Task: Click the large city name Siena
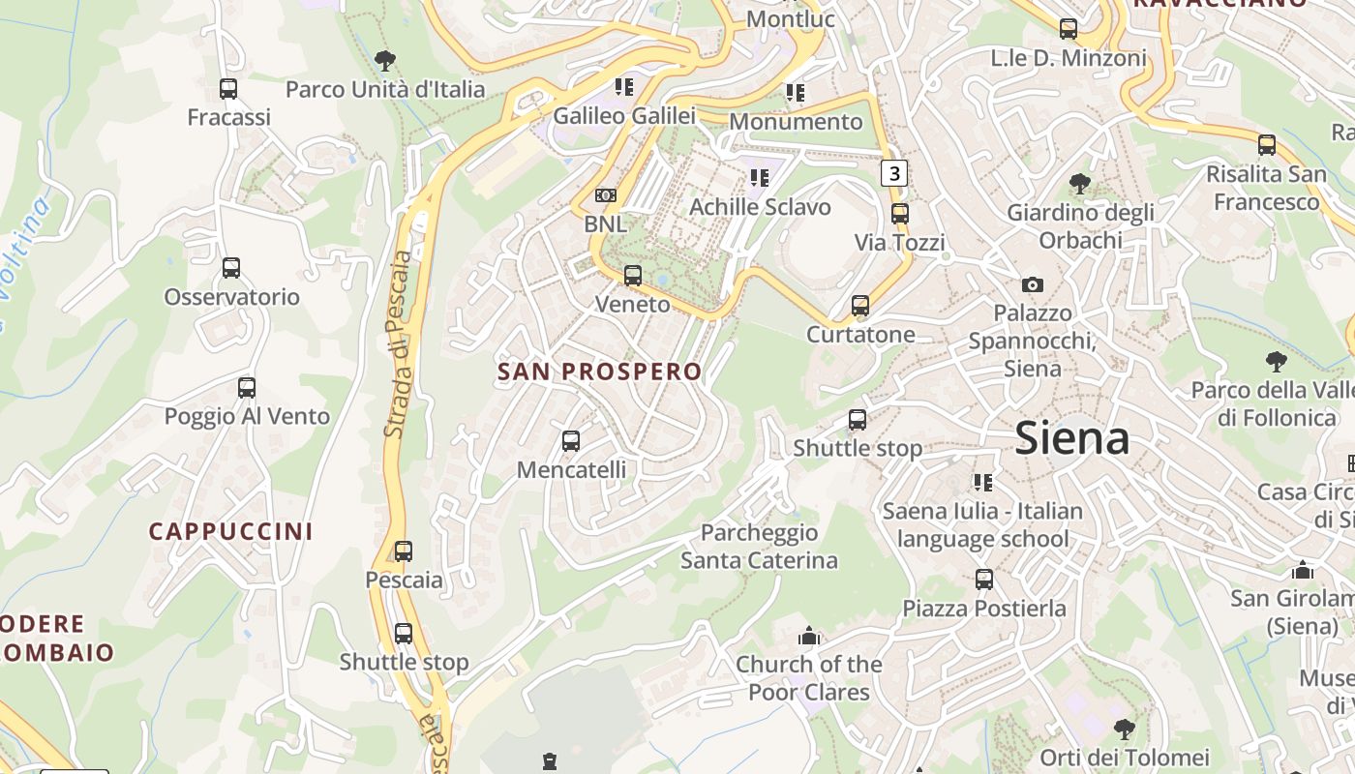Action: (1072, 439)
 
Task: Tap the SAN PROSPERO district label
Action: (599, 372)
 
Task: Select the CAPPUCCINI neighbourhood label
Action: (230, 531)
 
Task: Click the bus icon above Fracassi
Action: (228, 89)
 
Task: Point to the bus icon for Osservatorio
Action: (231, 268)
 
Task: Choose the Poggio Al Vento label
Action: (247, 417)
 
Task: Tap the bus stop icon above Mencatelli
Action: (571, 441)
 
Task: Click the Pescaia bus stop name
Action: (404, 580)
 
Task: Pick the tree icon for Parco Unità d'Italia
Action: (385, 61)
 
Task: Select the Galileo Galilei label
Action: (624, 116)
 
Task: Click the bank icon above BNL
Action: (605, 195)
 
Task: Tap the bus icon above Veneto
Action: (633, 276)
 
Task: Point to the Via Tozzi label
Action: (900, 242)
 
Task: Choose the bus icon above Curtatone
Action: (860, 307)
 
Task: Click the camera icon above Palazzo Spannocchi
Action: (1033, 284)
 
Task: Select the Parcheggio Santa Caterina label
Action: (759, 547)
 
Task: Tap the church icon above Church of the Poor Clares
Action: (808, 637)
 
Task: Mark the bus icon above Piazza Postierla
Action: (984, 580)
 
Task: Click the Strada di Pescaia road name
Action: (398, 343)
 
